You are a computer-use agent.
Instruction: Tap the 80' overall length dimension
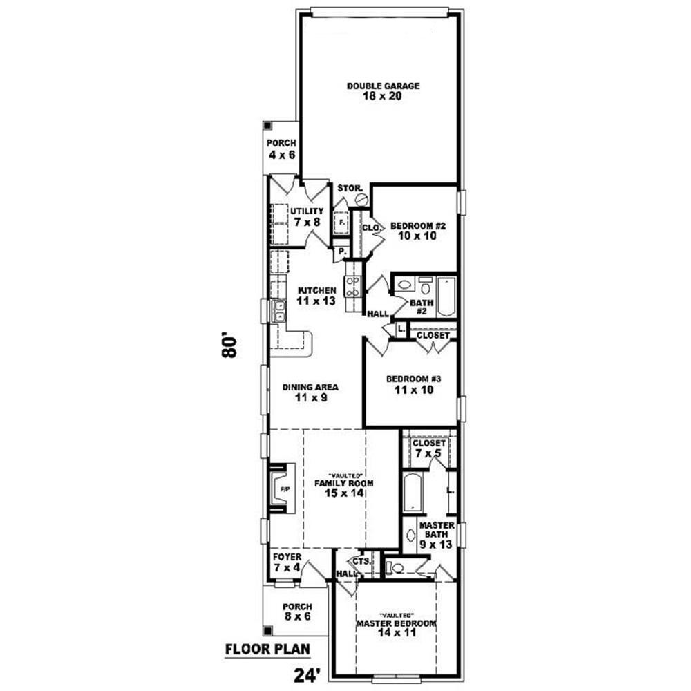click(230, 346)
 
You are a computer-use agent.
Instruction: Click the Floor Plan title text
click(267, 650)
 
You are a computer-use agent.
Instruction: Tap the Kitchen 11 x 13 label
click(317, 296)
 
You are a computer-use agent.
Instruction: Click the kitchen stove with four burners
click(352, 286)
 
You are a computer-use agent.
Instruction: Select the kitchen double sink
click(280, 311)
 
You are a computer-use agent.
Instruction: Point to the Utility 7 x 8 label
click(307, 216)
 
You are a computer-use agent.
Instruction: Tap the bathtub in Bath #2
click(446, 294)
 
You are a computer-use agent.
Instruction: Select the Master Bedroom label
click(396, 627)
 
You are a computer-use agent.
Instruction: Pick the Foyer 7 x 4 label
click(286, 561)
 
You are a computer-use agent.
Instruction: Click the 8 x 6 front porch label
click(297, 612)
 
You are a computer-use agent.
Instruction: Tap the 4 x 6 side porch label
click(282, 149)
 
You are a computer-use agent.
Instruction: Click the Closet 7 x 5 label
click(430, 448)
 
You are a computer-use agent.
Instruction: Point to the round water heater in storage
click(361, 199)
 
